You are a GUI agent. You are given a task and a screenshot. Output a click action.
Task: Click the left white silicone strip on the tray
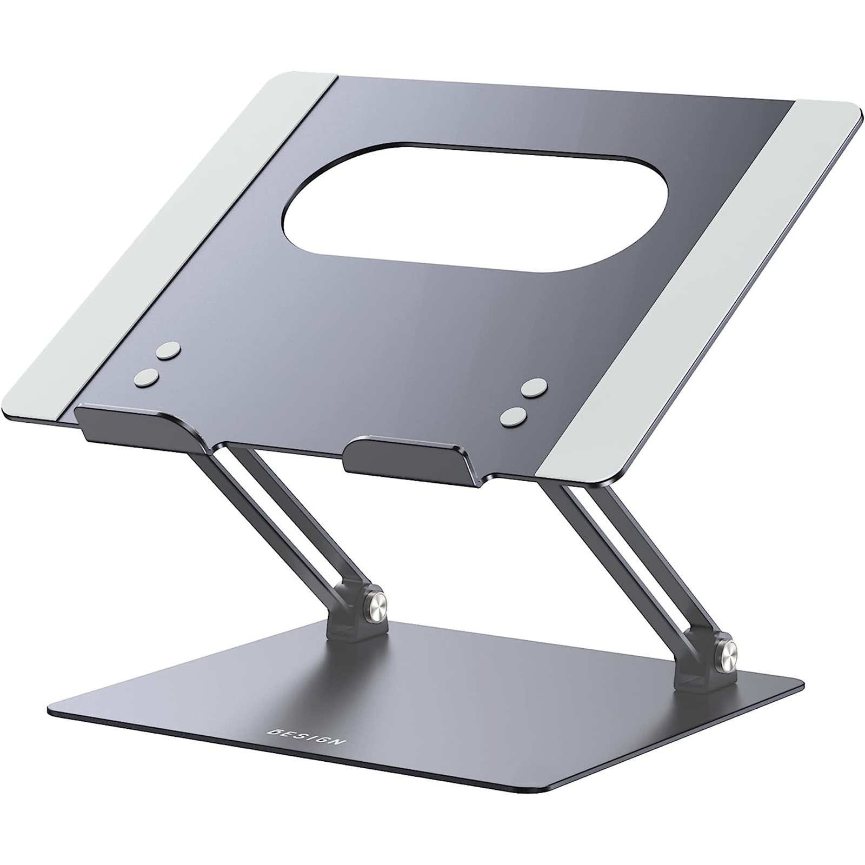(x=178, y=232)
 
